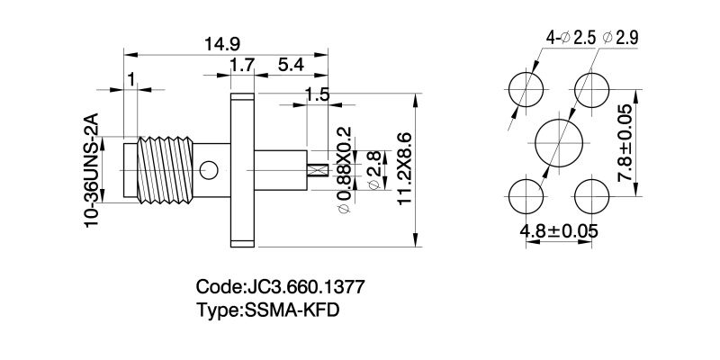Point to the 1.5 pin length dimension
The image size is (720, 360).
317,94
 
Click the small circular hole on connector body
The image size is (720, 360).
210,168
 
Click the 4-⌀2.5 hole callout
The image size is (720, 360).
571,38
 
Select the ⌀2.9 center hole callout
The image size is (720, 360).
620,38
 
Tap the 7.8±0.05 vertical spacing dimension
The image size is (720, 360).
625,144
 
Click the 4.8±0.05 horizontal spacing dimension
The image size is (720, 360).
559,230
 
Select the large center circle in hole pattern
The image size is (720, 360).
559,143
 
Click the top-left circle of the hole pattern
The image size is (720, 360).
526,91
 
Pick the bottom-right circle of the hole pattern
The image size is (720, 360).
591,195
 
